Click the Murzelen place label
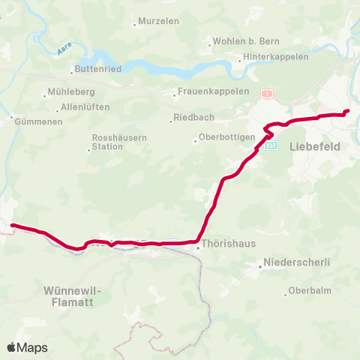(159, 21)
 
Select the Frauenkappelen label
(202, 91)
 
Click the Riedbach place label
(193, 118)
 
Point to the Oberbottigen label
(226, 138)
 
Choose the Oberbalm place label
(310, 290)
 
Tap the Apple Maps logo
(27, 347)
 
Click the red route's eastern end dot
(347, 112)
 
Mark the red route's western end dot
(13, 224)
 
